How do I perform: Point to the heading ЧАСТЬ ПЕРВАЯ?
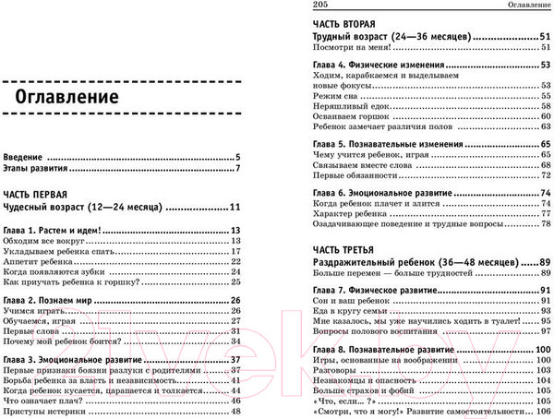point(36,195)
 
